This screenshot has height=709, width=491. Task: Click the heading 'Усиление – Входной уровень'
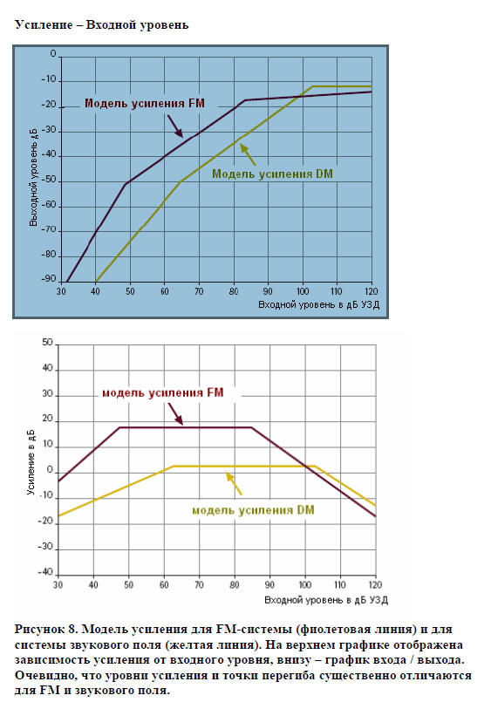tap(102, 25)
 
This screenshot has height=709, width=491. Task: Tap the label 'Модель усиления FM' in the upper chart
tap(145, 104)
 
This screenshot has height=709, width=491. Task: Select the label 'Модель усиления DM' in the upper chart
tap(273, 174)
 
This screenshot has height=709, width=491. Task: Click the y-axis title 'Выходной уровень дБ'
tap(33, 177)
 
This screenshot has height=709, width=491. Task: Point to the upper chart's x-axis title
tap(318, 304)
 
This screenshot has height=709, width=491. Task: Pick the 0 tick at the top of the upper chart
tap(53, 54)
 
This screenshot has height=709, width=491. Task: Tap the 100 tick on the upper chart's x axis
tap(303, 291)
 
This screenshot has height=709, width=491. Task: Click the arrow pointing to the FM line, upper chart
tap(175, 126)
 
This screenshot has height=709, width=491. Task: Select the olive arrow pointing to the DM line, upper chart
tap(248, 154)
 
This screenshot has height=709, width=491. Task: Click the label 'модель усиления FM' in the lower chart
tap(163, 393)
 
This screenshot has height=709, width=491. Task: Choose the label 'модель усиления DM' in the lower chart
tap(253, 510)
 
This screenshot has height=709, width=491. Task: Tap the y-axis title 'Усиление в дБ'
tap(31, 461)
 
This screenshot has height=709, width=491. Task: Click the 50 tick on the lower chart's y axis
tap(47, 343)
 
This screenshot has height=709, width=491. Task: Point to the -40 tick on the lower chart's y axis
tap(45, 572)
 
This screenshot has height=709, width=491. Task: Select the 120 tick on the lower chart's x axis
tap(375, 584)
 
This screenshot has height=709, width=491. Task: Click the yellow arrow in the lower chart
tap(234, 483)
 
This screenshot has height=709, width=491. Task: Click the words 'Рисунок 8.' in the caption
tap(46, 630)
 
